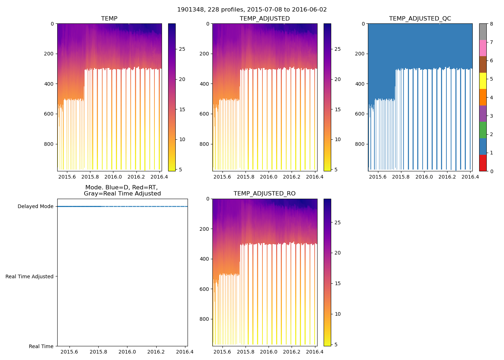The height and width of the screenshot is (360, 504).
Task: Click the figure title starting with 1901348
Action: click(252, 10)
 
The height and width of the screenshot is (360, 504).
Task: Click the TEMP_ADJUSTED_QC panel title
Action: click(420, 19)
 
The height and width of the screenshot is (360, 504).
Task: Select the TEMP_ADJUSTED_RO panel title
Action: click(265, 194)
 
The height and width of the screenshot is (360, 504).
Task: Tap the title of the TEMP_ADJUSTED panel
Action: click(265, 19)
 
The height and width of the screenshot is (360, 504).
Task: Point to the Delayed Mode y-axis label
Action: click(35, 207)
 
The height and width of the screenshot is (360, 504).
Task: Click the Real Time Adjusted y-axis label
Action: click(30, 276)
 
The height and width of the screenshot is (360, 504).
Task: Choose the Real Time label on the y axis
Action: click(41, 346)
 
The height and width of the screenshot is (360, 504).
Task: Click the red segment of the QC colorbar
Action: click(483, 163)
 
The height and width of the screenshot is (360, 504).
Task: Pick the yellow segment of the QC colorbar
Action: click(483, 81)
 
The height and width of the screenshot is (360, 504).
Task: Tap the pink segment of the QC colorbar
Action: click(483, 48)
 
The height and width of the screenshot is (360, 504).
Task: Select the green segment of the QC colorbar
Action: click(483, 130)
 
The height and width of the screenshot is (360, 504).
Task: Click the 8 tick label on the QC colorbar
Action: click(491, 24)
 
